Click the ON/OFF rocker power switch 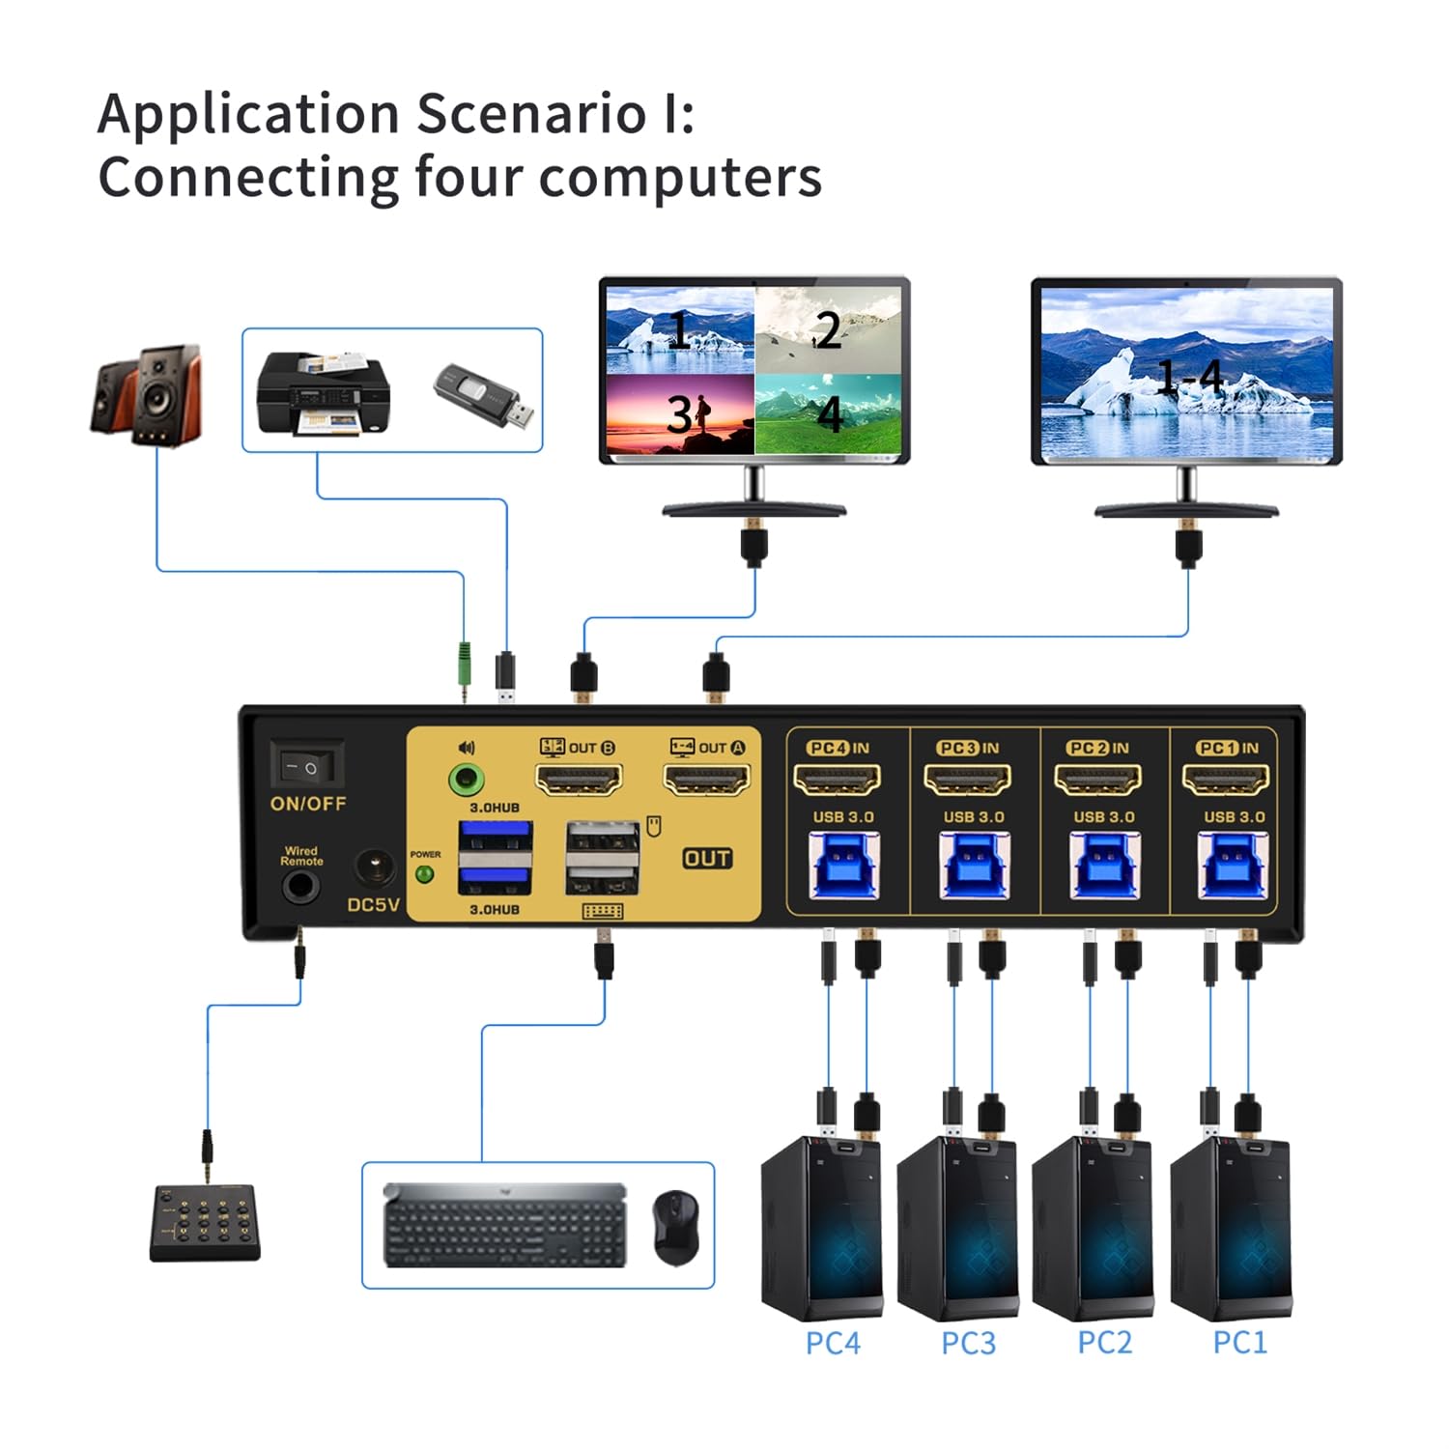click(x=306, y=767)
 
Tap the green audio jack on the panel click(x=468, y=779)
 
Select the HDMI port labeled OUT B click(x=579, y=779)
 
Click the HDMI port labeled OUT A click(x=706, y=779)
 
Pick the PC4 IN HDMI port click(x=837, y=779)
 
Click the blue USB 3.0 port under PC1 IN click(x=1232, y=864)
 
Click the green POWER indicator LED click(x=423, y=875)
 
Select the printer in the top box click(x=323, y=393)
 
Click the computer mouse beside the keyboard click(x=675, y=1226)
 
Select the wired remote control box click(x=205, y=1223)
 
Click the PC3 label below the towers click(x=968, y=1343)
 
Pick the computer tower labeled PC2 click(x=1093, y=1227)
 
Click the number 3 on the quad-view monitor click(x=680, y=414)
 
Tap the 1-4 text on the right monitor click(x=1189, y=377)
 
